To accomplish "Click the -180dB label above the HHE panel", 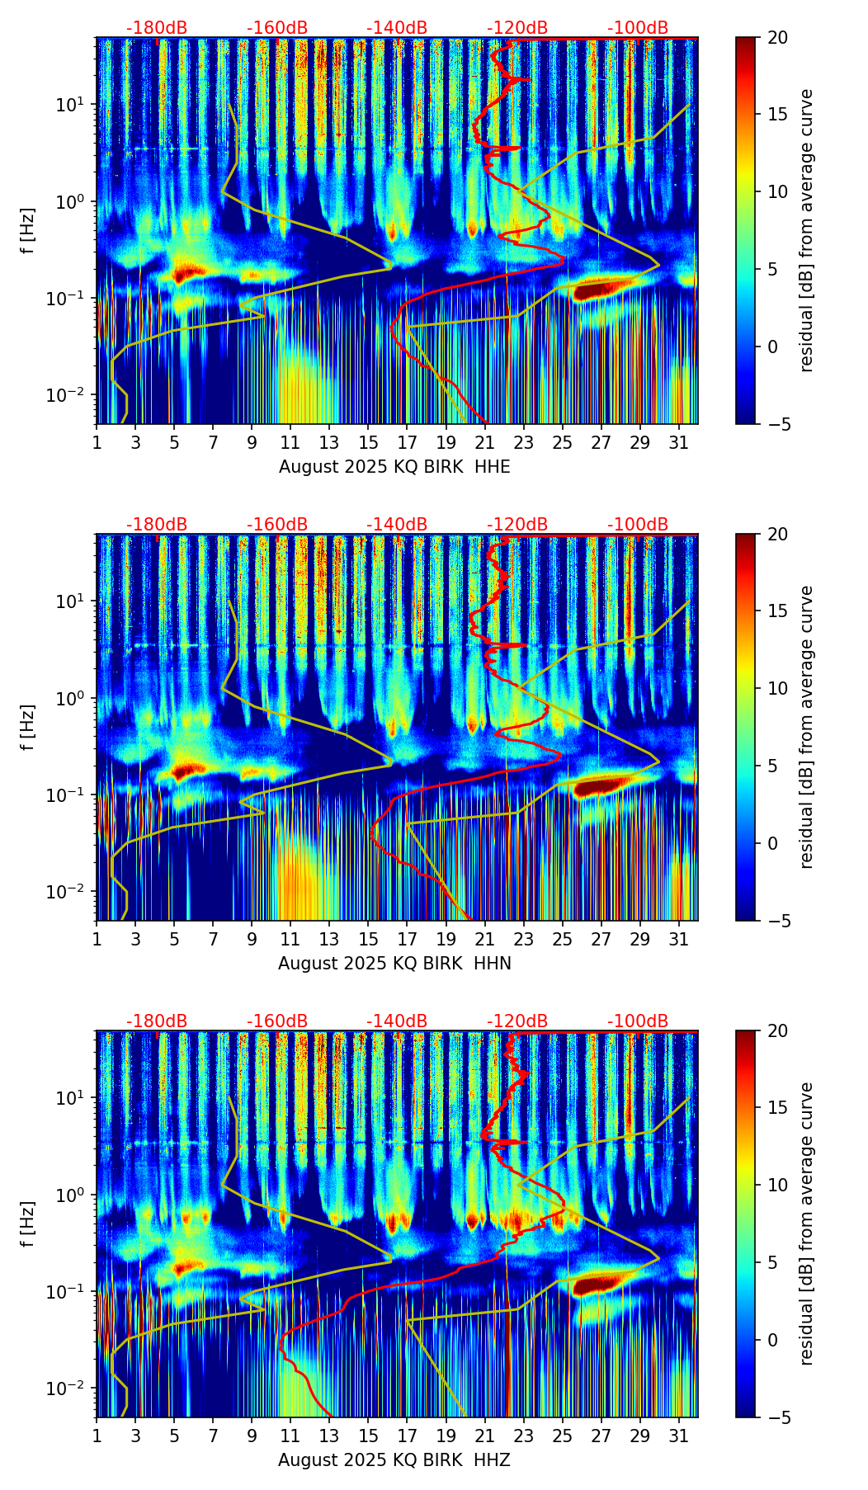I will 157,28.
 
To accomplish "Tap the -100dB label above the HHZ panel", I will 638,1021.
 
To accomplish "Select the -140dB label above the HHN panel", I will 397,525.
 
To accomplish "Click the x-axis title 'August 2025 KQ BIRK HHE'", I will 394,467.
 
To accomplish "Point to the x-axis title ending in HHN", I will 394,964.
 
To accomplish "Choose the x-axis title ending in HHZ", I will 394,1460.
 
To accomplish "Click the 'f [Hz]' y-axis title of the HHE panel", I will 28,231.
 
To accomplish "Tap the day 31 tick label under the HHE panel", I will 679,443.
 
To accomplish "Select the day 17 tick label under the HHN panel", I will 408,940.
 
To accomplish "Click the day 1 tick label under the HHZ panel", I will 97,1436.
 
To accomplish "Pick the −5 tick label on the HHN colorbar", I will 778,921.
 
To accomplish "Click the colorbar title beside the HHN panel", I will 807,727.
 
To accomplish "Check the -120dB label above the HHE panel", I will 517,28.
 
